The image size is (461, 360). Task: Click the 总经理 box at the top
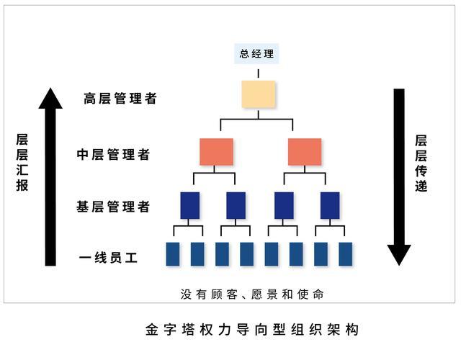(x=257, y=54)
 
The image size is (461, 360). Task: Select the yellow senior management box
(x=258, y=94)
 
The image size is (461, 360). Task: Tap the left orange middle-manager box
(x=216, y=152)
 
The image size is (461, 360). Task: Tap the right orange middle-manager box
(x=304, y=152)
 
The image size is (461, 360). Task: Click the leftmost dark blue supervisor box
(x=189, y=205)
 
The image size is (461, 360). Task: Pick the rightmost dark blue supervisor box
(x=330, y=205)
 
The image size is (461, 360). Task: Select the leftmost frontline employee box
(x=173, y=253)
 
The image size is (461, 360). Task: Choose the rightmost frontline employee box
(x=346, y=253)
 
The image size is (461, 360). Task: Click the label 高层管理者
(x=120, y=99)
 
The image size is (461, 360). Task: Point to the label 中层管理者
(x=114, y=154)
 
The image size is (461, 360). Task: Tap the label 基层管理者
(x=114, y=207)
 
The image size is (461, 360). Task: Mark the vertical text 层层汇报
(x=22, y=161)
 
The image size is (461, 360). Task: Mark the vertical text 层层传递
(x=421, y=163)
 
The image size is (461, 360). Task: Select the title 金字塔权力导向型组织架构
(x=251, y=329)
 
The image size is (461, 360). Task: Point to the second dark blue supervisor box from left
(x=236, y=205)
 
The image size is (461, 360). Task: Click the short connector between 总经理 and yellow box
(x=258, y=72)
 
